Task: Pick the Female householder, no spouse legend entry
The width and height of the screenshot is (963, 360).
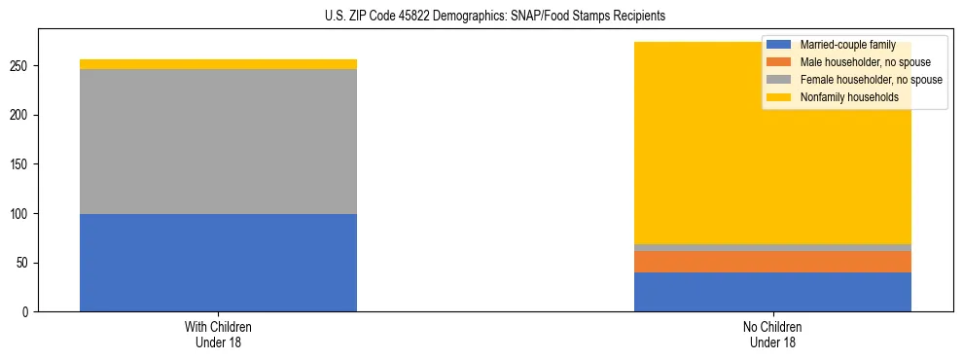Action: point(867,80)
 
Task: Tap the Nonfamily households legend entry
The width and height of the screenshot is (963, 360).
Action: point(847,97)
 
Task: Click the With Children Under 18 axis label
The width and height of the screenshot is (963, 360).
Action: point(218,335)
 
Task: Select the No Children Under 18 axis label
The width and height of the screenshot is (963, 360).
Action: point(772,335)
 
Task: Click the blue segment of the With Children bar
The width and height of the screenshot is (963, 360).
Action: point(218,263)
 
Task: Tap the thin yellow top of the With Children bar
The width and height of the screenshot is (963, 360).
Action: point(218,64)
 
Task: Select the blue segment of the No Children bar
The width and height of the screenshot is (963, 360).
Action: point(772,292)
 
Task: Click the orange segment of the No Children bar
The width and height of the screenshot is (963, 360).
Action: point(772,262)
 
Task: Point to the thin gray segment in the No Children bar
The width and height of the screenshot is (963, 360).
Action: point(772,247)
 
